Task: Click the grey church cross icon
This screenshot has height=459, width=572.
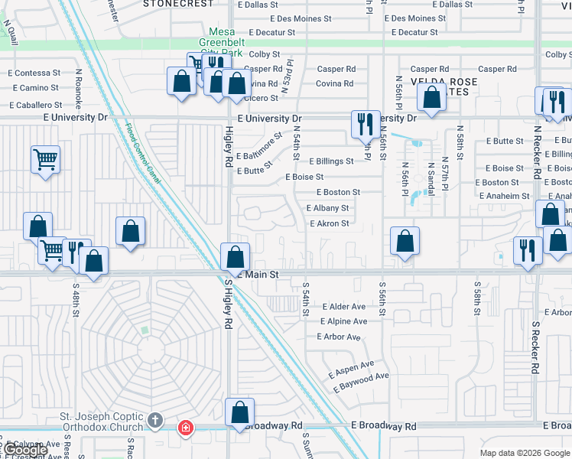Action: pyautogui.click(x=155, y=420)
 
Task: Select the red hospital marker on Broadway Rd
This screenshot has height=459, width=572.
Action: pyautogui.click(x=184, y=427)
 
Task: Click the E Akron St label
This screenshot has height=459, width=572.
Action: pyautogui.click(x=329, y=224)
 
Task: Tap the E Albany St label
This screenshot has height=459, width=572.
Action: pyautogui.click(x=327, y=208)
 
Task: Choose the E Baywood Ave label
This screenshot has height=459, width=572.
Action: pyautogui.click(x=361, y=382)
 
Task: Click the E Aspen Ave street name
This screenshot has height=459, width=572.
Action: pyautogui.click(x=352, y=369)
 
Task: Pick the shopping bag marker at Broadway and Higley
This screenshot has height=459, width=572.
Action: pyautogui.click(x=239, y=413)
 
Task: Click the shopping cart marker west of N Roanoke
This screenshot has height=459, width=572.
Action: pyautogui.click(x=45, y=160)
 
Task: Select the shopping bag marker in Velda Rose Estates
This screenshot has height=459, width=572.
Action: pyautogui.click(x=432, y=97)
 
